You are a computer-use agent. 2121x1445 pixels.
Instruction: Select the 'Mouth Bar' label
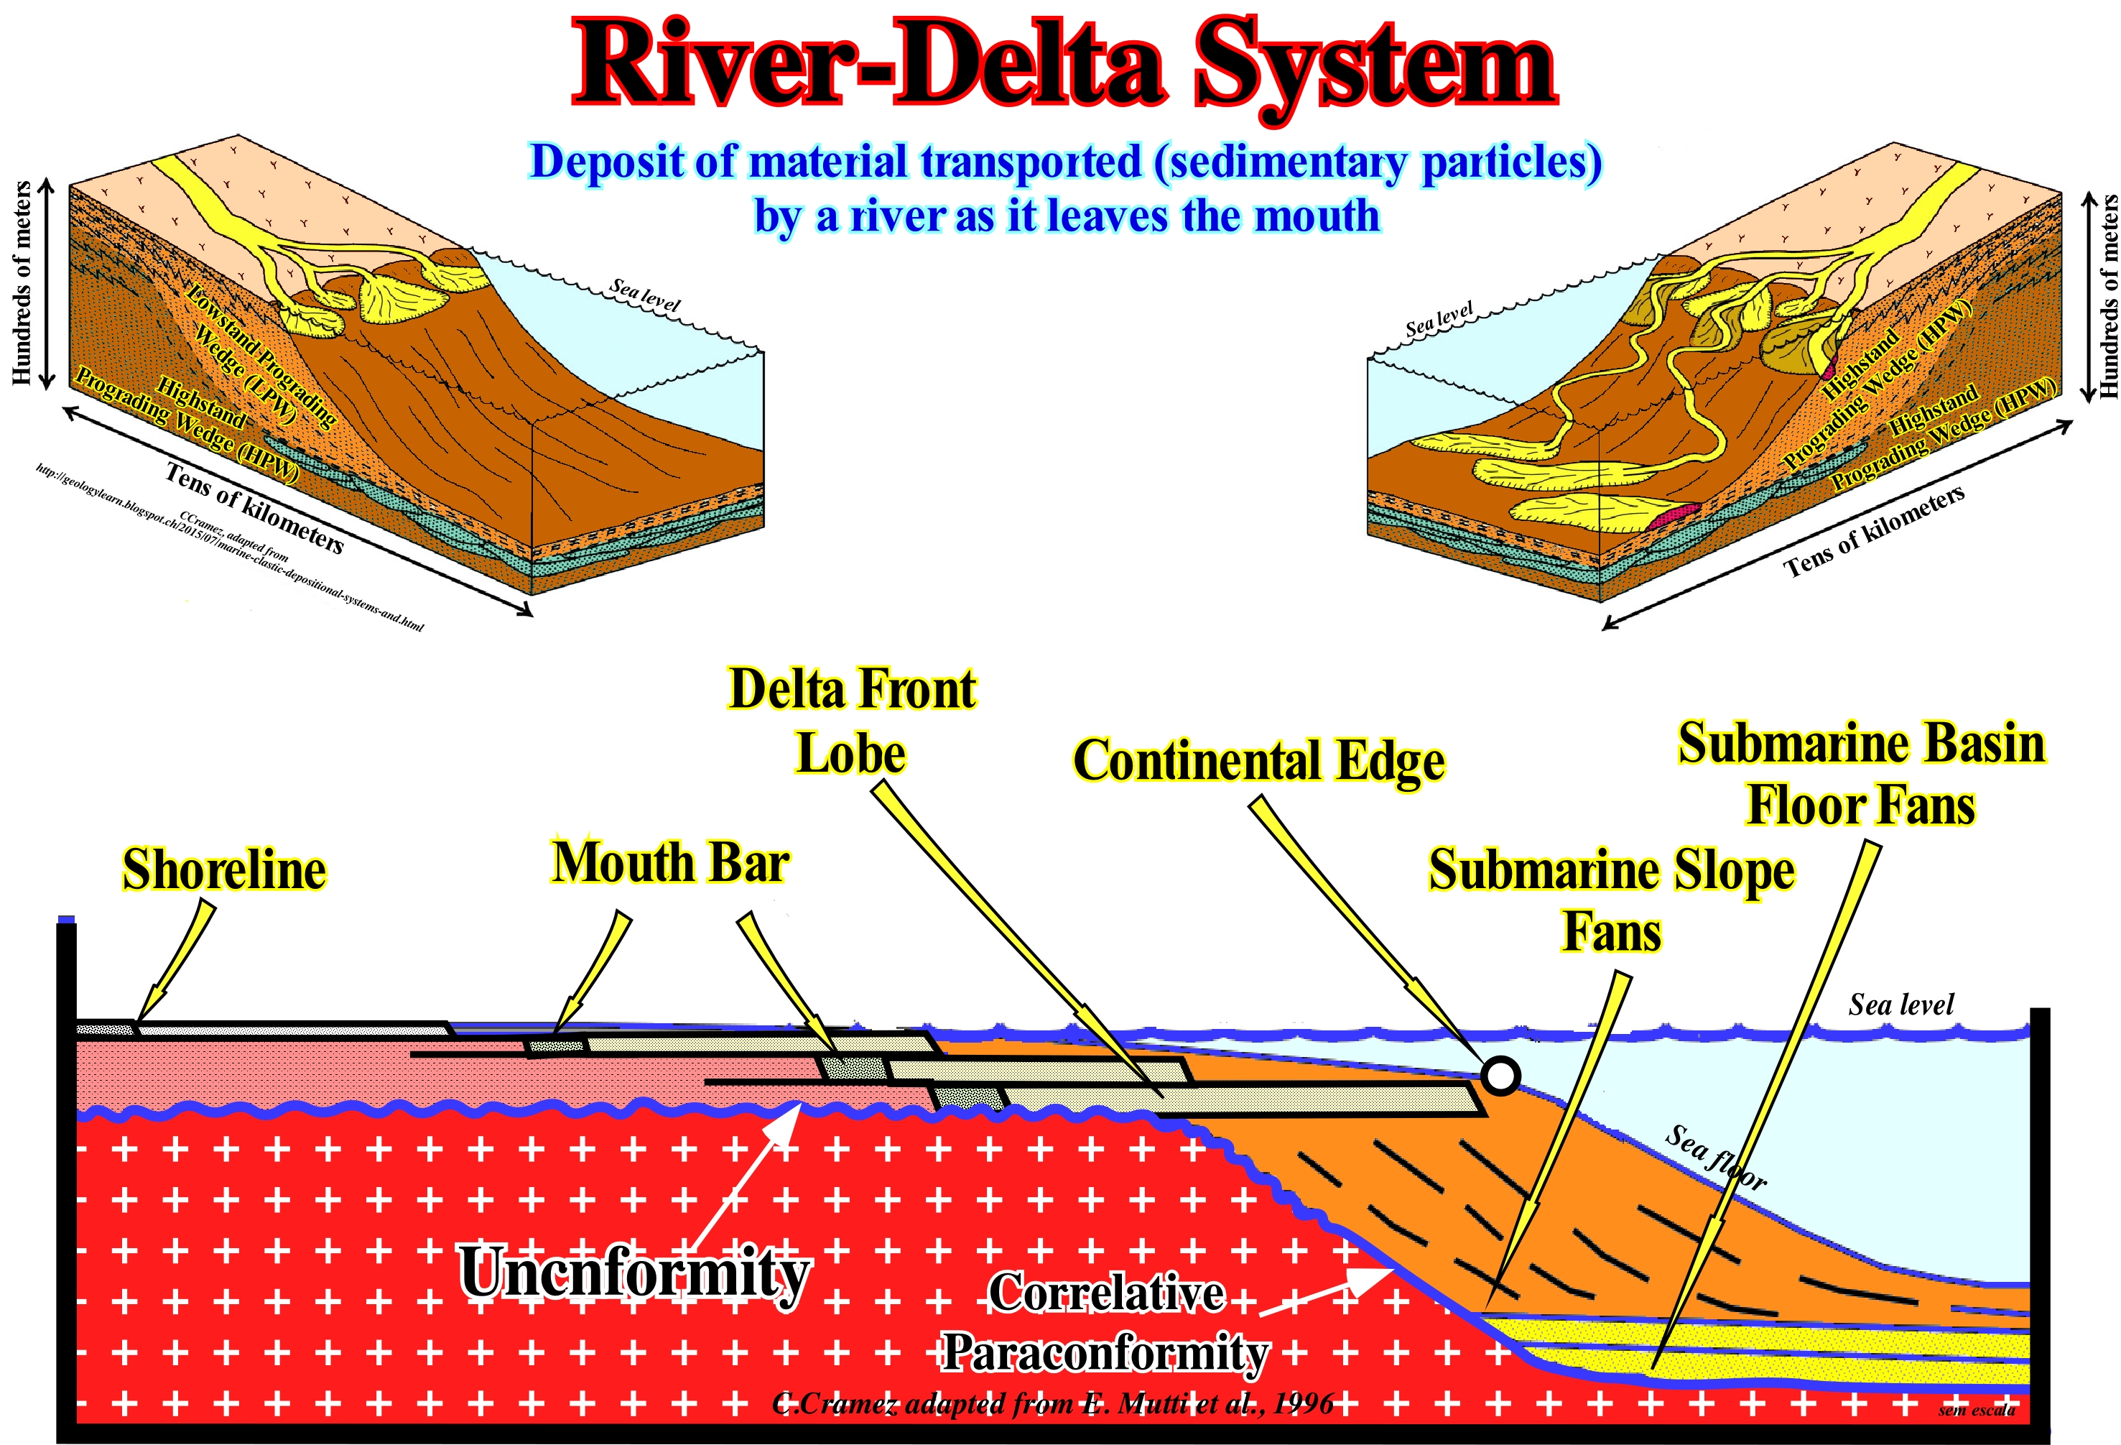671,863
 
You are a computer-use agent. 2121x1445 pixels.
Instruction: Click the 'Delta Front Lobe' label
852,721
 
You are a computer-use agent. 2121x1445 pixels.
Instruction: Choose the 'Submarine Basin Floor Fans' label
1861,774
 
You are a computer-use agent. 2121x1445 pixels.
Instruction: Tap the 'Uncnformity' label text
633,1273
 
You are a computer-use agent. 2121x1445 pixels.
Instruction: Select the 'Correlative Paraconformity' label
1105,1324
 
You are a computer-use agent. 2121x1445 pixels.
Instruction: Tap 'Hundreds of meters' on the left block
21,283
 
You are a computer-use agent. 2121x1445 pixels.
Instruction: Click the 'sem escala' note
1977,1411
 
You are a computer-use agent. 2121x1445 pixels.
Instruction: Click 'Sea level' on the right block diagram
1439,320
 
